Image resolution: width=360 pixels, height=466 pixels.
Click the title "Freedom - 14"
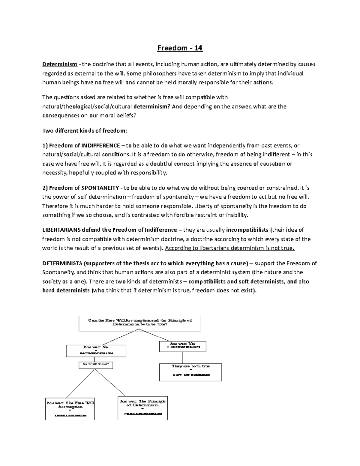[x=180, y=48]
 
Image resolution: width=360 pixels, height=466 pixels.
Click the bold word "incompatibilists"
[x=247, y=230]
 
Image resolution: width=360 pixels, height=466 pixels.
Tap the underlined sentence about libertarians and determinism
[x=230, y=248]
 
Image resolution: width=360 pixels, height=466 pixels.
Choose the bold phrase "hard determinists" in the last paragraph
[x=66, y=291]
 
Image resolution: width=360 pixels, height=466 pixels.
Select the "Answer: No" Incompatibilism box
[x=96, y=350]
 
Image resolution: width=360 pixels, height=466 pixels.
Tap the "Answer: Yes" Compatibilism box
[x=183, y=346]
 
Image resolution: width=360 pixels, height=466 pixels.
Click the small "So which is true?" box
[x=96, y=365]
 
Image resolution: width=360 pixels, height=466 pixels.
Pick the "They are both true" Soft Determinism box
[x=190, y=372]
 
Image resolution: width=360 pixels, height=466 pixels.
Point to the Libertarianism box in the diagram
[x=70, y=409]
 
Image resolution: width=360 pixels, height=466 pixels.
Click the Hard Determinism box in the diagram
[x=142, y=407]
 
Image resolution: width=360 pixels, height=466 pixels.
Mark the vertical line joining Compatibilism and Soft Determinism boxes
[x=183, y=358]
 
